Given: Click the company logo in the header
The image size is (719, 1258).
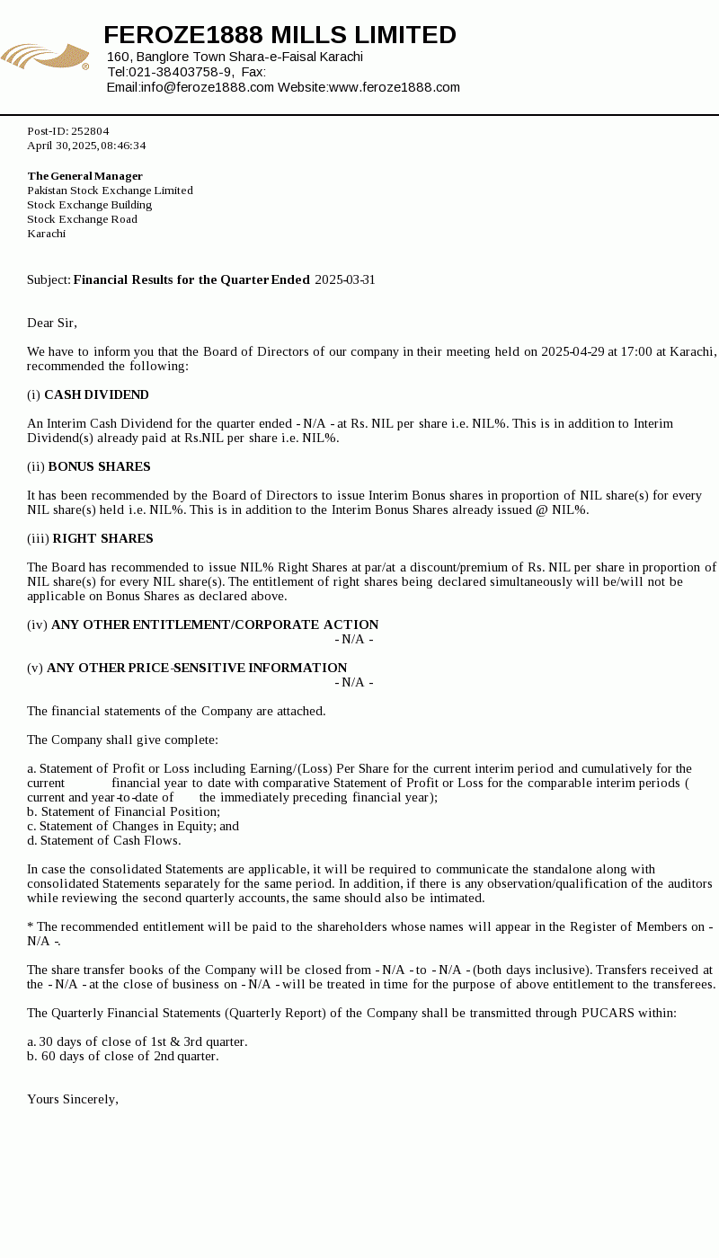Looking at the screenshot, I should pyautogui.click(x=45, y=57).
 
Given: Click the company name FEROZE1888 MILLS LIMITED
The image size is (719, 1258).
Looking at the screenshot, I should pyautogui.click(x=280, y=35).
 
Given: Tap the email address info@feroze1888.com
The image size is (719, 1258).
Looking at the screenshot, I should pyautogui.click(x=207, y=87).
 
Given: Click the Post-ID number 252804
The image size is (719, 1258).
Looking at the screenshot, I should pyautogui.click(x=90, y=131).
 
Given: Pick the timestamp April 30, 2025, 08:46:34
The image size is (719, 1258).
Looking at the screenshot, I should pyautogui.click(x=86, y=146).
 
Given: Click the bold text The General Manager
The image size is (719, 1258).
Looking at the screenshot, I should pyautogui.click(x=84, y=176).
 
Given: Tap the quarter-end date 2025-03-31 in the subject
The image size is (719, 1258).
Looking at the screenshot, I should pyautogui.click(x=344, y=279).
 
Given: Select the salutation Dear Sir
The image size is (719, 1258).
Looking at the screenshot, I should pyautogui.click(x=52, y=323).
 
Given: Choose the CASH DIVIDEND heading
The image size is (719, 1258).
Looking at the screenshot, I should pyautogui.click(x=96, y=394).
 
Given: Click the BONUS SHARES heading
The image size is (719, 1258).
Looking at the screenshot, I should pyautogui.click(x=99, y=466).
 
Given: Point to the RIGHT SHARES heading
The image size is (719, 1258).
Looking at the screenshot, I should pyautogui.click(x=102, y=538).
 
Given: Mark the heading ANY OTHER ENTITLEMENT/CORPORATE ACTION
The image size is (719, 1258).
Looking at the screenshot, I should pyautogui.click(x=215, y=625).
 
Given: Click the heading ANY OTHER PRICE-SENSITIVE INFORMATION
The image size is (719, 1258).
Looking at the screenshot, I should pyautogui.click(x=197, y=668).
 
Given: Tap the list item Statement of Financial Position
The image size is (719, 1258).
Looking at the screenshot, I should pyautogui.click(x=129, y=811).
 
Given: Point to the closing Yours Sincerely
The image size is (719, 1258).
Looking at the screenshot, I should pyautogui.click(x=73, y=1099).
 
